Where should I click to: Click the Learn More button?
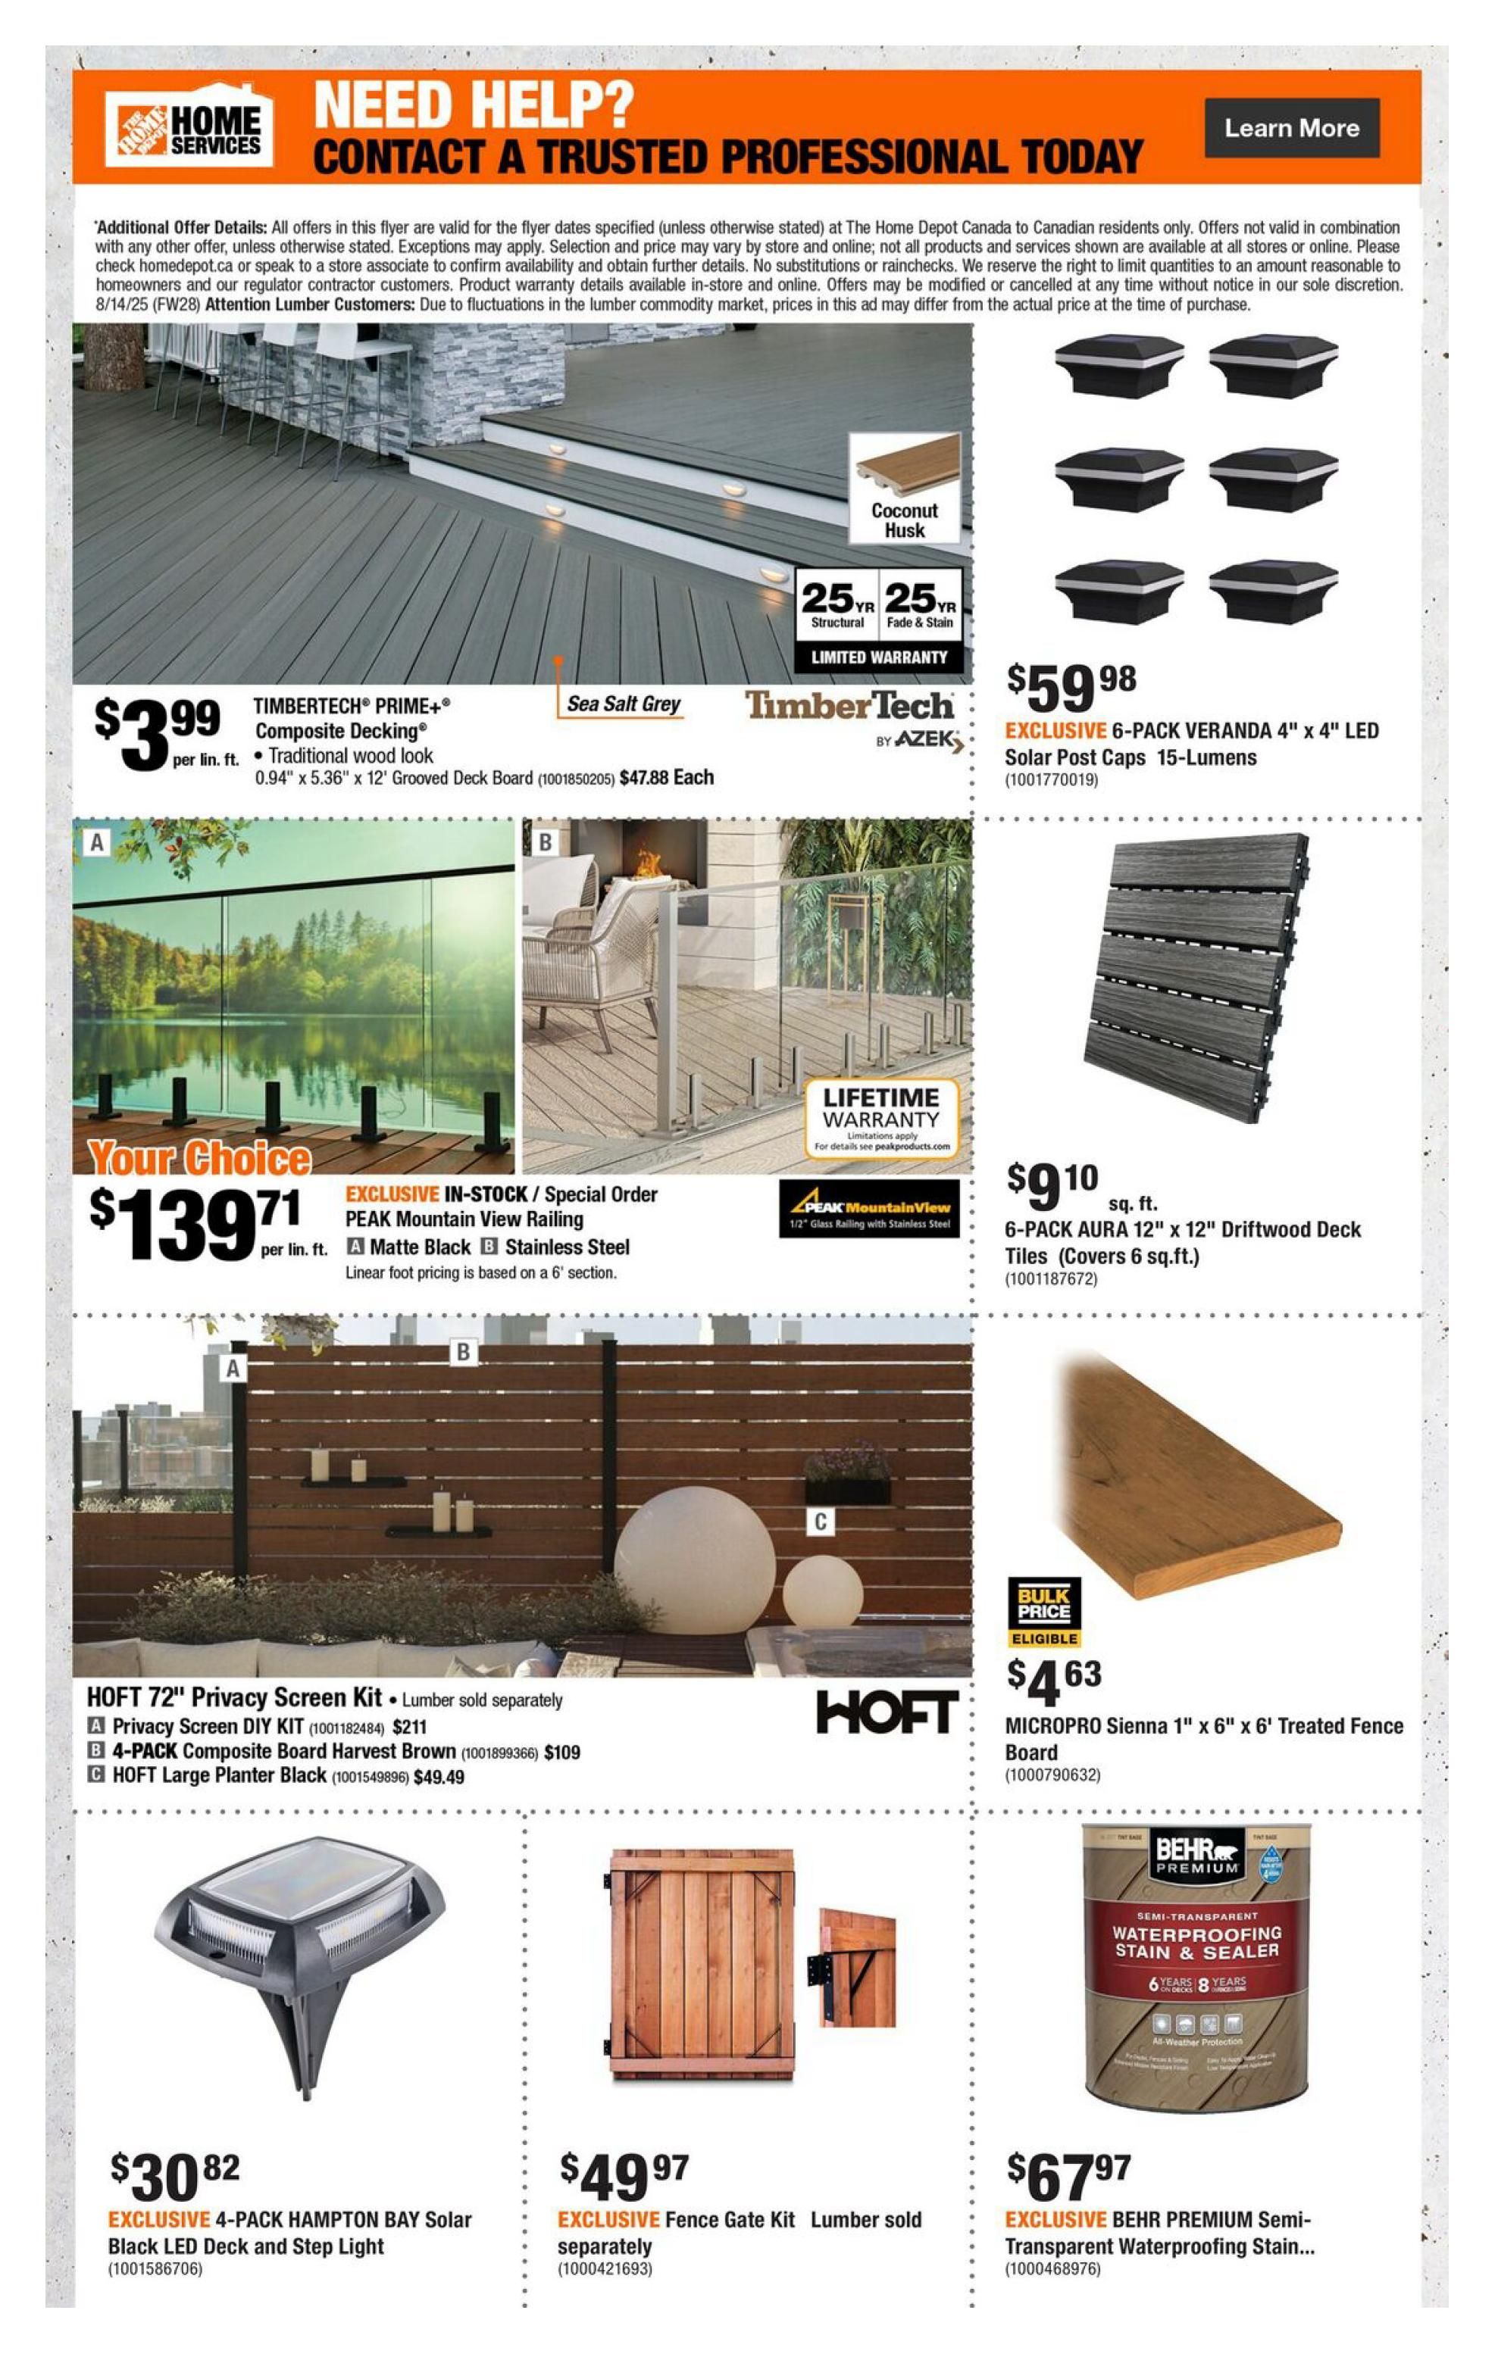coord(1290,128)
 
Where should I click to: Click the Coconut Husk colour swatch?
coord(904,486)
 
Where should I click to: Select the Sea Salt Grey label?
coord(623,704)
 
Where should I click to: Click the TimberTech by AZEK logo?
coord(851,717)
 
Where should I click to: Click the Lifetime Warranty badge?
coord(881,1119)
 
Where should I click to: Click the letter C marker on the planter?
coord(821,1521)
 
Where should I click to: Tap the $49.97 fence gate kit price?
coord(624,2177)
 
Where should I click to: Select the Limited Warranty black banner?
coord(878,657)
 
